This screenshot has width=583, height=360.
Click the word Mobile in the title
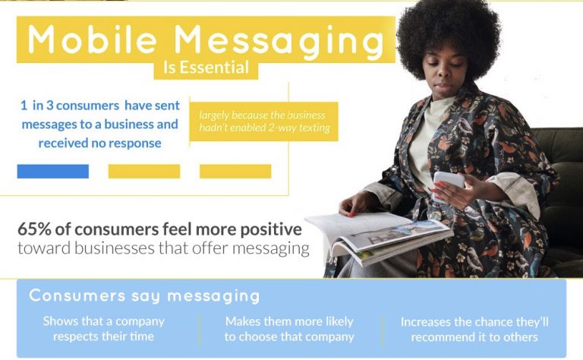(92, 39)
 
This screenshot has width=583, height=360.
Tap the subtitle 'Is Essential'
(206, 68)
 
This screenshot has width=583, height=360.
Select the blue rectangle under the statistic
(53, 172)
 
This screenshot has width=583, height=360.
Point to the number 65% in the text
(34, 229)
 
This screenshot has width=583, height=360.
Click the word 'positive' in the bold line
(271, 230)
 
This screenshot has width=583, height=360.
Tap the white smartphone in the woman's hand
(448, 185)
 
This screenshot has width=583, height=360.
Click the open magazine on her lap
(380, 238)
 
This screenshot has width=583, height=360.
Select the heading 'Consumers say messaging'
(144, 296)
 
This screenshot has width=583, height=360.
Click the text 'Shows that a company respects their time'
(103, 329)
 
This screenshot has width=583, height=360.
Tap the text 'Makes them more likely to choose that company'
(289, 329)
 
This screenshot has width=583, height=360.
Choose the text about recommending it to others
(474, 330)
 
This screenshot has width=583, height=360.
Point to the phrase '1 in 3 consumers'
(70, 106)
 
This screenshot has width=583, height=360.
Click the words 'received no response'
(99, 144)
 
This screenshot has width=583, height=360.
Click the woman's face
(443, 74)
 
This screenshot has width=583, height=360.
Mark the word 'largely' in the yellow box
(213, 115)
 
